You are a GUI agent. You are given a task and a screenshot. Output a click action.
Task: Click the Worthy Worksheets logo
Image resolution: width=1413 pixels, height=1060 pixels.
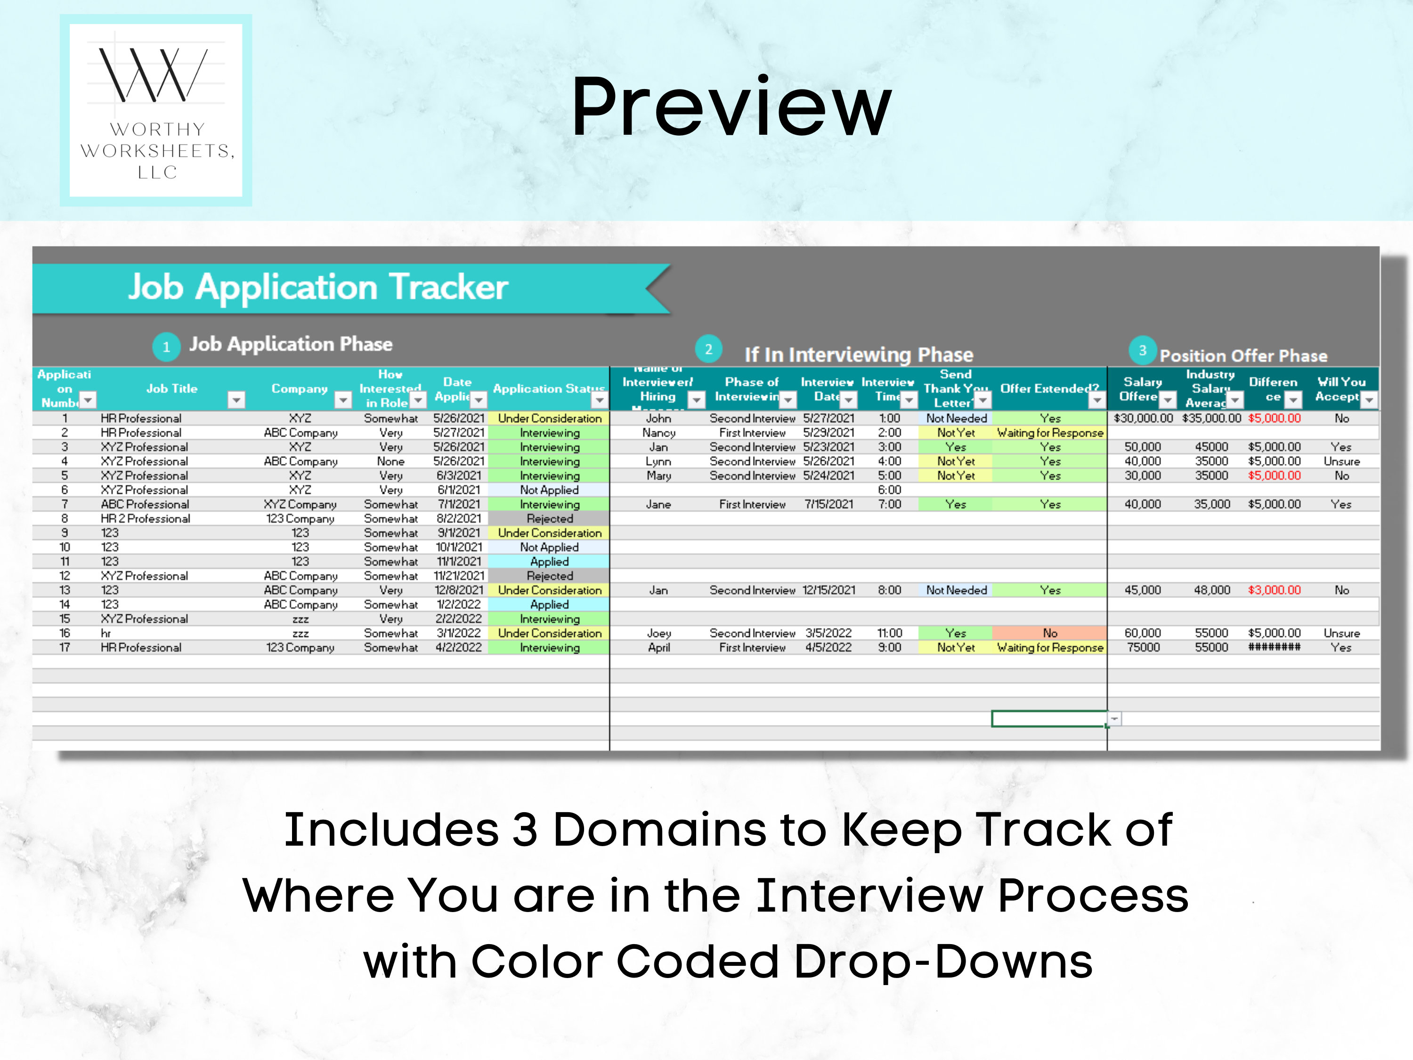point(155,110)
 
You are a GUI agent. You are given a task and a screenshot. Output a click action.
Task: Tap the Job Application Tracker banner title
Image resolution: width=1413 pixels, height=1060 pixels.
point(317,287)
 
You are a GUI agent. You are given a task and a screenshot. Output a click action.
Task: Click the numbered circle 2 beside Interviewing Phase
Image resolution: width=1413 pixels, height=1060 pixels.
point(708,349)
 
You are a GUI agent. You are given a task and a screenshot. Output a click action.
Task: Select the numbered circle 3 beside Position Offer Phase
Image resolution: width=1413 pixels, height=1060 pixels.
point(1142,350)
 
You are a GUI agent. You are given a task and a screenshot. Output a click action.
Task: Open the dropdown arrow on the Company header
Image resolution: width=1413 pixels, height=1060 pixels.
point(343,400)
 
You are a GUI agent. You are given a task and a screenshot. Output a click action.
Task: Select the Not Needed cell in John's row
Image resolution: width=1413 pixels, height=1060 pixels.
point(956,418)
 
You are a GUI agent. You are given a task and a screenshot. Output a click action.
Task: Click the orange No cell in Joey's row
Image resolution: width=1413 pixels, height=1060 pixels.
point(1049,633)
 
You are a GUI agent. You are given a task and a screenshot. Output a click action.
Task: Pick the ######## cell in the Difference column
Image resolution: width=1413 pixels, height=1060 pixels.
point(1274,647)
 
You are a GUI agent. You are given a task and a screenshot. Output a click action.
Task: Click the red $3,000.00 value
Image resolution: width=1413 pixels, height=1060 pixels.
point(1274,590)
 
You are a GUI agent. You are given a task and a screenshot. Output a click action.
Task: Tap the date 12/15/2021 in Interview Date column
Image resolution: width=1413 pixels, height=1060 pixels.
point(828,590)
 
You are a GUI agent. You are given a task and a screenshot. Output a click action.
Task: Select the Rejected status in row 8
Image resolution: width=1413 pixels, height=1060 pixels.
point(549,519)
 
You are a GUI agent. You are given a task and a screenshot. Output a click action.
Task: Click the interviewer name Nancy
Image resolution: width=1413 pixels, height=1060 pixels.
point(658,432)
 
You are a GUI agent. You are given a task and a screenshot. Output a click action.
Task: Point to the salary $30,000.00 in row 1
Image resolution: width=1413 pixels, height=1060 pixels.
point(1143,418)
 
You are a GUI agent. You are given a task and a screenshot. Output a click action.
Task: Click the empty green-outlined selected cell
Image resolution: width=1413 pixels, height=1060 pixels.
point(1048,719)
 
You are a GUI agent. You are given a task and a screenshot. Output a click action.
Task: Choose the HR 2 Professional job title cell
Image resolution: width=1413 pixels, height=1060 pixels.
point(145,519)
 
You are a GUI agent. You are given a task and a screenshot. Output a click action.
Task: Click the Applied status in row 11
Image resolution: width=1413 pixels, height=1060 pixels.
point(549,562)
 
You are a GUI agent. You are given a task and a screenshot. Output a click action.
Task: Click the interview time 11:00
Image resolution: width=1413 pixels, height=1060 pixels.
point(889,633)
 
